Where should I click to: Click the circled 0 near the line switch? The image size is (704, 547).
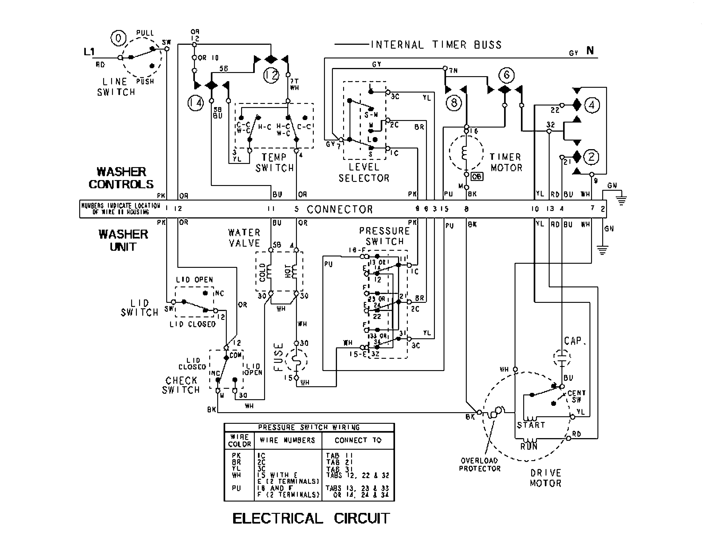[x=118, y=38]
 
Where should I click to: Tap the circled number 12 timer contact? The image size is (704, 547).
[x=271, y=75]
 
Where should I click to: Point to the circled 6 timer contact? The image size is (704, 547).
[x=506, y=75]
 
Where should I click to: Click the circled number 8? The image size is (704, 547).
[x=454, y=103]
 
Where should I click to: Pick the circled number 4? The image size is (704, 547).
[x=592, y=105]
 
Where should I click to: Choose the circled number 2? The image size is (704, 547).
[x=591, y=157]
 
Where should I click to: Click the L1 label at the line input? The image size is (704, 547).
[x=89, y=52]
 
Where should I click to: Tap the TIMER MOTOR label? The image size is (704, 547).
[x=506, y=162]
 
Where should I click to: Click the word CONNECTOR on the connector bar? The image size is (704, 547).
[x=339, y=209]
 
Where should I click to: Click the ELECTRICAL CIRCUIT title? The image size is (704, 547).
[x=311, y=518]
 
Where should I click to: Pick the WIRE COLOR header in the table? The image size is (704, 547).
[x=239, y=440]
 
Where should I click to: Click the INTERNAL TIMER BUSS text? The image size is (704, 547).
[x=436, y=45]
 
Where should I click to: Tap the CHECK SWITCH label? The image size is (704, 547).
[x=181, y=385]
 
